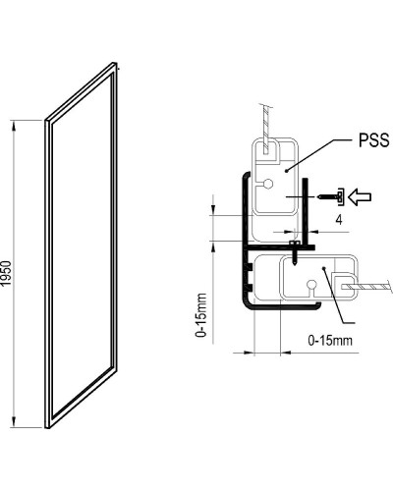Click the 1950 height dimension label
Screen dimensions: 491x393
8,274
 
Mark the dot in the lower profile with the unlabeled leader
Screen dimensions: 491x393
322,266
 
